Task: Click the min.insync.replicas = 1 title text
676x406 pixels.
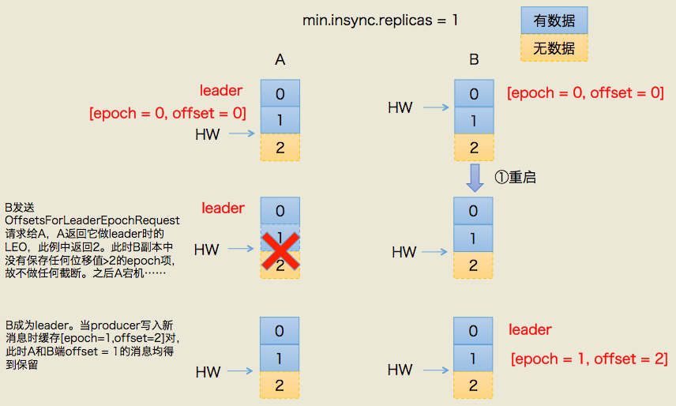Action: (x=380, y=21)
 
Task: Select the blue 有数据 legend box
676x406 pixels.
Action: (x=553, y=21)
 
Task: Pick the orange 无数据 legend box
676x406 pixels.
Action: (x=553, y=48)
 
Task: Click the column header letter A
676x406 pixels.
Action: (x=280, y=59)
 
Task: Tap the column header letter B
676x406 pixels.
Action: (x=474, y=59)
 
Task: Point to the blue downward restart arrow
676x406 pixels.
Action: (x=474, y=178)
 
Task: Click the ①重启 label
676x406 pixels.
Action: (x=515, y=178)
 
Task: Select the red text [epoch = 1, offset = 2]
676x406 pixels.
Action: (x=589, y=359)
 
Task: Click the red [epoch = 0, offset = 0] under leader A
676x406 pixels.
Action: (x=167, y=113)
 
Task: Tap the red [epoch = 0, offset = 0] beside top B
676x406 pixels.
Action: (x=585, y=93)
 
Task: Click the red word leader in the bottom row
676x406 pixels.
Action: (x=530, y=329)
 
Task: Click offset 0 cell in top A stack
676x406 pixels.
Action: (x=280, y=93)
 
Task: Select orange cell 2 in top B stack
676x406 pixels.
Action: (x=474, y=147)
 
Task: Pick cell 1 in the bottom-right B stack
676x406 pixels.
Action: (x=474, y=358)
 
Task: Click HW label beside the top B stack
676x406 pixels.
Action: (x=401, y=107)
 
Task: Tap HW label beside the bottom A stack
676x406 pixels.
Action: (x=208, y=371)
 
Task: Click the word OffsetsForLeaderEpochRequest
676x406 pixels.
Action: (x=92, y=220)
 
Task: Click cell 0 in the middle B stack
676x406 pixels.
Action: (x=474, y=211)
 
